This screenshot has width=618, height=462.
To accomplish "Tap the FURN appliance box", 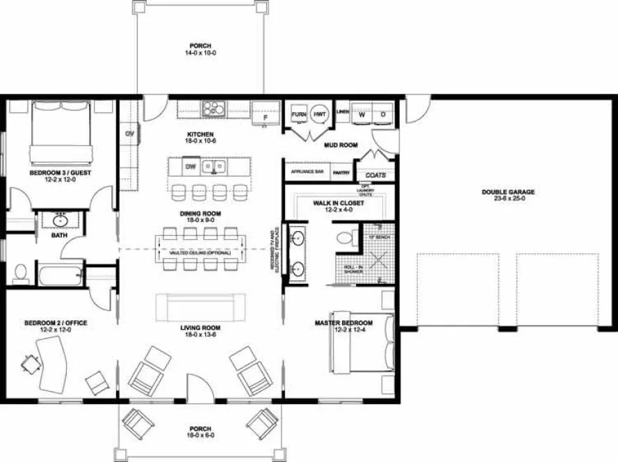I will pos(299,114).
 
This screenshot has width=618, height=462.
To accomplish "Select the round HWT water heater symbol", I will pos(319,114).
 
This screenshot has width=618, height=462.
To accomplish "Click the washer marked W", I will pos(361,114).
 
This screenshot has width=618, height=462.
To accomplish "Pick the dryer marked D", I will pos(382,114).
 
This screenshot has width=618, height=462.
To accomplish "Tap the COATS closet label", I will pos(376,175).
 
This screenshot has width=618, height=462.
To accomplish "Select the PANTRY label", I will pos(341,171).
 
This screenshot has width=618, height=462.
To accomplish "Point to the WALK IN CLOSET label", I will pos(339,203).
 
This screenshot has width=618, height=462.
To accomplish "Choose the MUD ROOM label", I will pos(341,145).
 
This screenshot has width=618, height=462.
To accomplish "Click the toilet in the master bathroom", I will pos(343,238).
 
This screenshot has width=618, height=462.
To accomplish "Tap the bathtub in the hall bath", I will pos(62,275).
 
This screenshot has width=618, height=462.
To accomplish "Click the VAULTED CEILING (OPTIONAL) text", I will pos(200,253).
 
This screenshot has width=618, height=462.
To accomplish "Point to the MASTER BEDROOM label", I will pos(343,323).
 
